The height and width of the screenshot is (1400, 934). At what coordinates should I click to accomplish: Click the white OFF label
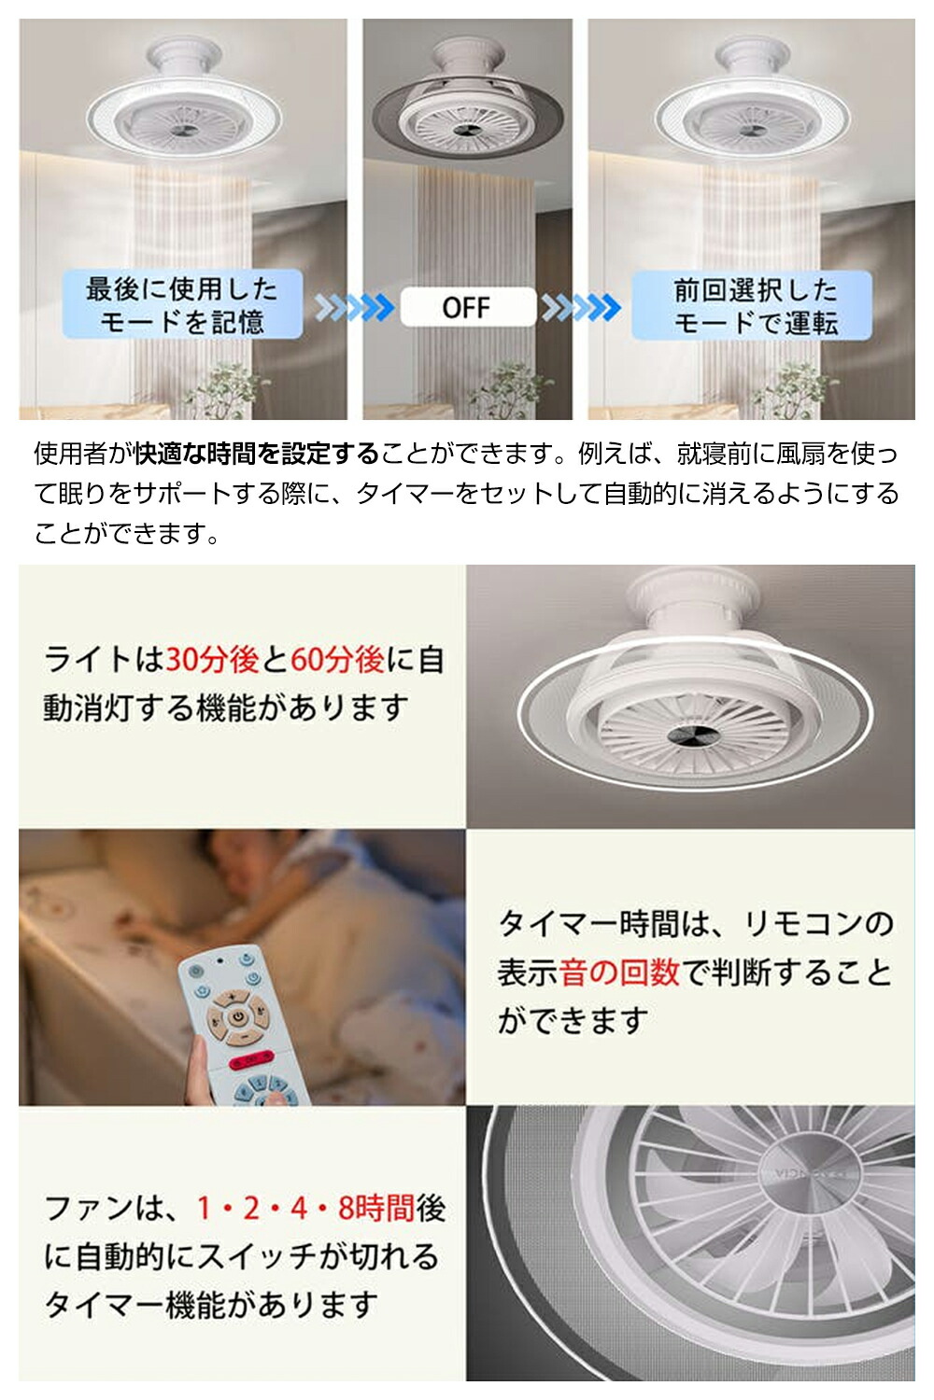coord(468,307)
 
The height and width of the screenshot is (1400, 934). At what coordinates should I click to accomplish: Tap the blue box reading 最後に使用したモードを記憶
coord(182,304)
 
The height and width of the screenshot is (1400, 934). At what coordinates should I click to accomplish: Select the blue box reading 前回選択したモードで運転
coord(752,305)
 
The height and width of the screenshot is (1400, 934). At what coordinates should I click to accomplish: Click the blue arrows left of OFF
coord(354,307)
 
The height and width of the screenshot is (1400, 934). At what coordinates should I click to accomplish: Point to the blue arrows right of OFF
coord(581,307)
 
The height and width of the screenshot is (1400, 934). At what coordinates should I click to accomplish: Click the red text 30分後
coord(211,659)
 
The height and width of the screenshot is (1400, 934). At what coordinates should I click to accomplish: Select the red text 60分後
coord(338,659)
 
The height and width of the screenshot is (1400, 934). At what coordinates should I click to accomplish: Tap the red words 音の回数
coord(618,972)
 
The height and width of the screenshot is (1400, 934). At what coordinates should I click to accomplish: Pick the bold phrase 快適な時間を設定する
coord(257,453)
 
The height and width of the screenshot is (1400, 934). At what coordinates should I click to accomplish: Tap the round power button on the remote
coord(237,1017)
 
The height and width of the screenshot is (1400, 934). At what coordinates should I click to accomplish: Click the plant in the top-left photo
coord(226,391)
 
